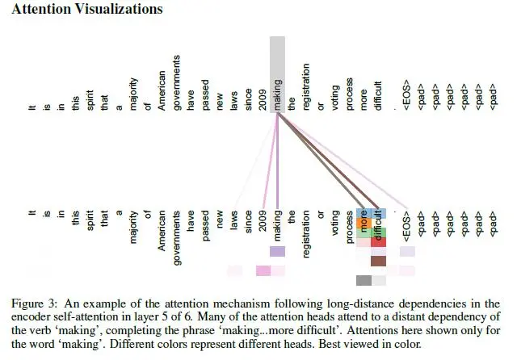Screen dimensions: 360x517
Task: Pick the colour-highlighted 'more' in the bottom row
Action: click(364, 222)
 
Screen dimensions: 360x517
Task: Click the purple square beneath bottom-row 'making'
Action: click(277, 251)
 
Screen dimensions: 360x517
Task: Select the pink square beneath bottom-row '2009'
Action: click(263, 270)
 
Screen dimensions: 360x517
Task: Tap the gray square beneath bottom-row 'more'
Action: click(364, 280)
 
